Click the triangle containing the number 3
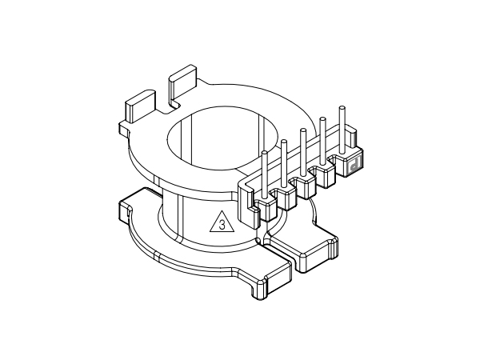click(x=222, y=222)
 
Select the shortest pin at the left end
click(x=265, y=171)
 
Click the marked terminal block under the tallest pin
click(x=353, y=165)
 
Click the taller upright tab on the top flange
click(x=184, y=84)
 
